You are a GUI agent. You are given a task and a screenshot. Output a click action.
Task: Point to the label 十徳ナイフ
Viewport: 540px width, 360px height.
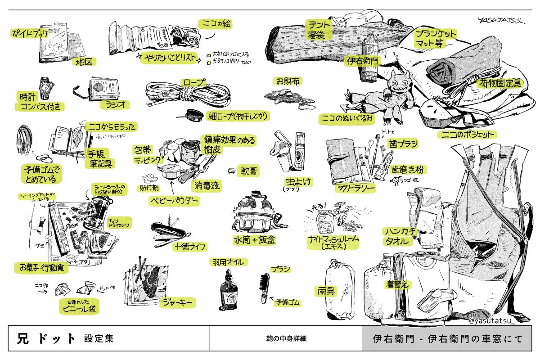point(189,246)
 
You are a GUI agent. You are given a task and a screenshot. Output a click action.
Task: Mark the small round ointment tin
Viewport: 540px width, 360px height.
point(231,171)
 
